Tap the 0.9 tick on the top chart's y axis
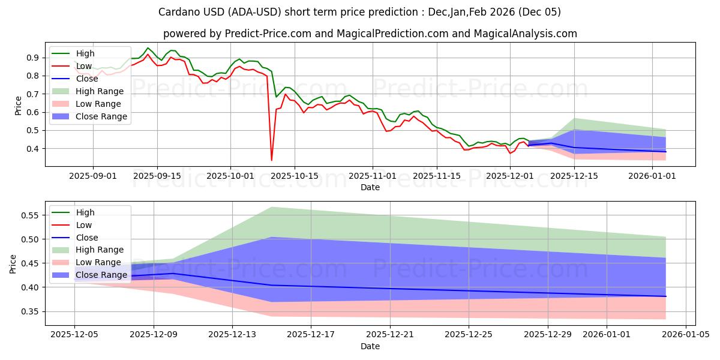(x=31, y=58)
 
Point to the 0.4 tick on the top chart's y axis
(x=31, y=149)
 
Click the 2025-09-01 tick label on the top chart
(x=93, y=176)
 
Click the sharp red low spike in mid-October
(x=272, y=160)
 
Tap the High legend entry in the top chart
(x=85, y=53)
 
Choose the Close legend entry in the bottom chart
(x=88, y=237)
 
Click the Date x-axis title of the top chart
(x=370, y=187)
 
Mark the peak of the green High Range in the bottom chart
(x=271, y=207)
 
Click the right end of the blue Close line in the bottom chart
(x=665, y=296)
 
